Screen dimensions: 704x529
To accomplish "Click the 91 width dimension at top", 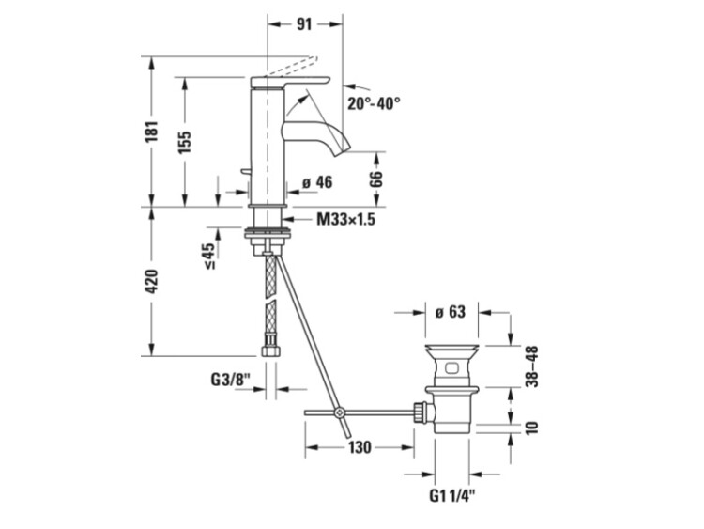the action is pyautogui.click(x=304, y=23).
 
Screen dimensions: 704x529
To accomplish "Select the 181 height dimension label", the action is pyautogui.click(x=152, y=132).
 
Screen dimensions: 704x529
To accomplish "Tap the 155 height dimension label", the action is pyautogui.click(x=184, y=142).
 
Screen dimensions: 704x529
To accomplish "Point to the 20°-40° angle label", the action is pyautogui.click(x=374, y=103).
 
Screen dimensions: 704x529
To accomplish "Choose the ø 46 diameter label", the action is pyautogui.click(x=317, y=182).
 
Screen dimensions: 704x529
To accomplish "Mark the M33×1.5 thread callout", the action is pyautogui.click(x=345, y=219).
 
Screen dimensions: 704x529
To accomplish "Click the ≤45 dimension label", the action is pyautogui.click(x=209, y=257).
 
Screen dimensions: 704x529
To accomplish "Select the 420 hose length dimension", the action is pyautogui.click(x=152, y=281).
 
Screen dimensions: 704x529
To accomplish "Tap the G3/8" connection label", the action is pyautogui.click(x=230, y=380).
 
